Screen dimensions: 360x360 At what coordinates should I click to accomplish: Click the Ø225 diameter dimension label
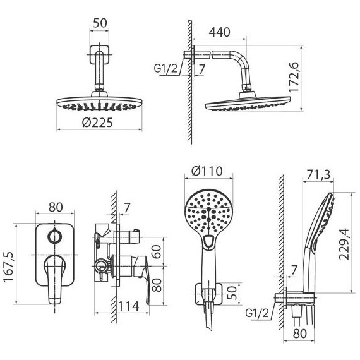97,123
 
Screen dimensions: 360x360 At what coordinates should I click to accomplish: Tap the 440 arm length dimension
219,32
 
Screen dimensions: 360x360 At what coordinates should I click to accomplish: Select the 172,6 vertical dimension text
294,77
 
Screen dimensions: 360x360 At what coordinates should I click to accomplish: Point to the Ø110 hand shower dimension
207,171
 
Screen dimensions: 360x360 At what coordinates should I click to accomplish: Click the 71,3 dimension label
318,174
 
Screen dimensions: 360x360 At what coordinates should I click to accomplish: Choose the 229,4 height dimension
344,244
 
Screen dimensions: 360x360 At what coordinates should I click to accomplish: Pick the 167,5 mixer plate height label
9,267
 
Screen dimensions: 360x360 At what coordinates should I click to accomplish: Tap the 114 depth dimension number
129,306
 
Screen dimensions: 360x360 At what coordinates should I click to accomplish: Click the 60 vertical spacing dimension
157,252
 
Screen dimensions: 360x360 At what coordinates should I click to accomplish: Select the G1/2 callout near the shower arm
165,68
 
